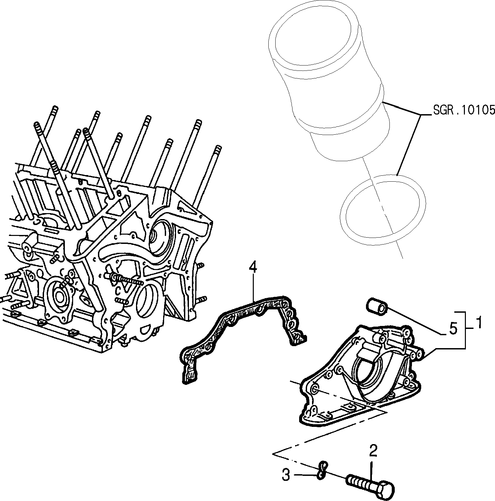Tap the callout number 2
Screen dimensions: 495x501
[373, 452]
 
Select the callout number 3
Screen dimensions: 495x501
[286, 475]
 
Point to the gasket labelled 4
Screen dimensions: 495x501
[243, 338]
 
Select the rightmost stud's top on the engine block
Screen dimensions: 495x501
[217, 148]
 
